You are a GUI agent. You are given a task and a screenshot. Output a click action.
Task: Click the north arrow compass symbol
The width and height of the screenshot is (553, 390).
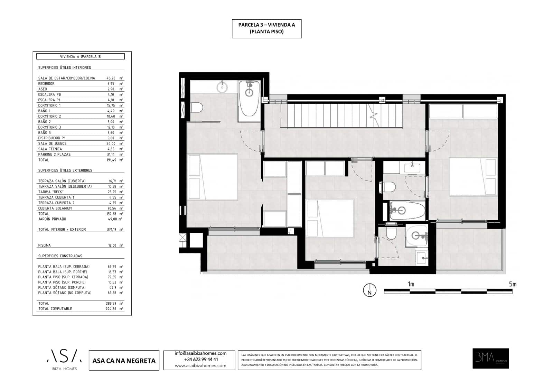[369, 290]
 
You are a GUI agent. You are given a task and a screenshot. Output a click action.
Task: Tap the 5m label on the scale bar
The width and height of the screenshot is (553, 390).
[512, 284]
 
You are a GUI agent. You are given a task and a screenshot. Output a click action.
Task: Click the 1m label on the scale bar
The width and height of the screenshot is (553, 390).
[411, 284]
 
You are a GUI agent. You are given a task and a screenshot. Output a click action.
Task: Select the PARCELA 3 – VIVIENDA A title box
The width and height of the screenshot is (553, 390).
[266, 28]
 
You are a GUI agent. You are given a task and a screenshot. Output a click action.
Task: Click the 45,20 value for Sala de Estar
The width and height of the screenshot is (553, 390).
[111, 78]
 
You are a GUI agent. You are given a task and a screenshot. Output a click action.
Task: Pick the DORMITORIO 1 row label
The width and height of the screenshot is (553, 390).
[49, 105]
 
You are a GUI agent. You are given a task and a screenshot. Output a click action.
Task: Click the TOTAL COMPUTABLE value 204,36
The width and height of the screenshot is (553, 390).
[112, 309]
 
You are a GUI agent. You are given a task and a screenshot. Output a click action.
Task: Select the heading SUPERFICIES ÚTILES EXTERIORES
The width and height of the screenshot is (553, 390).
[65, 170]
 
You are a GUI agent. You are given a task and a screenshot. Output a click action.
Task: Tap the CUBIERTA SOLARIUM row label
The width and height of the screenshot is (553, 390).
[55, 208]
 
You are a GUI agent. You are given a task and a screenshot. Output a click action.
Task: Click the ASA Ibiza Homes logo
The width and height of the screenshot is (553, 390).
[64, 360]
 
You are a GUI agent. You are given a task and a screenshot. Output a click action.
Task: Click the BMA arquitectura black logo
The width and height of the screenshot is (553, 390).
[490, 358]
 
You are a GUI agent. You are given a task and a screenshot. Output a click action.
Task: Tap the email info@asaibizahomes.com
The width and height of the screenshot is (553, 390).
[200, 353]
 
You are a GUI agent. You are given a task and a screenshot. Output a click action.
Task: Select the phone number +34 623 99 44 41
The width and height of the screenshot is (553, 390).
[200, 359]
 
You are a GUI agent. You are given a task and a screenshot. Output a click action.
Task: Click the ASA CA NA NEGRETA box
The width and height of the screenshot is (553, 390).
[124, 361]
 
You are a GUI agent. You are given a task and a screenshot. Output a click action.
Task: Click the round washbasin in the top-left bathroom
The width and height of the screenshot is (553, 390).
[222, 86]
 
